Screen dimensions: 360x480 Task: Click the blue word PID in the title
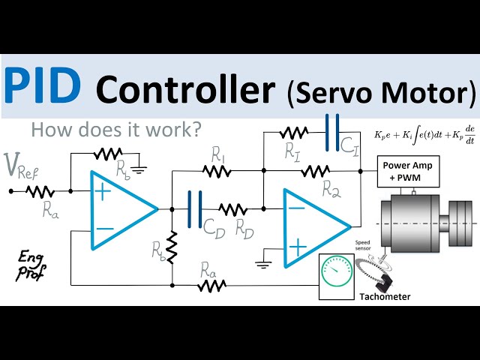click(x=43, y=86)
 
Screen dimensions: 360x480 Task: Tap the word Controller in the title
click(x=186, y=91)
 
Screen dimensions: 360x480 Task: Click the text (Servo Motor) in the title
click(x=381, y=92)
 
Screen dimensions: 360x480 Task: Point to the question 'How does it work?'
click(x=116, y=130)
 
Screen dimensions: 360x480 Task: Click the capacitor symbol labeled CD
click(x=195, y=208)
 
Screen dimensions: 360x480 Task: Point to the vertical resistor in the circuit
click(x=172, y=247)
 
